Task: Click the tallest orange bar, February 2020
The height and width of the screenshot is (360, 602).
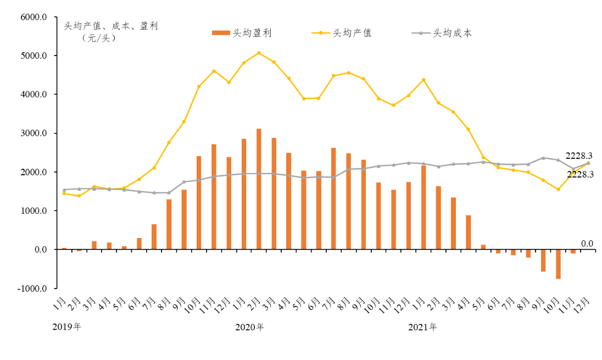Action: coord(259,189)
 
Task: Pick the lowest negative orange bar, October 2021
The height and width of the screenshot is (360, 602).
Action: coord(558,264)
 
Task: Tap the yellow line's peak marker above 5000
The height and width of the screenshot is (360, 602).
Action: coord(259,53)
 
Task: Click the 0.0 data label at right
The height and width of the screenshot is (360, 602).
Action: coord(587,243)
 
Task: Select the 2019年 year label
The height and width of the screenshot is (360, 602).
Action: coord(66,326)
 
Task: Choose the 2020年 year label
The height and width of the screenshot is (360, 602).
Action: coord(249,326)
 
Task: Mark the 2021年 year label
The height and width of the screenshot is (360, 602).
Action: coord(423,326)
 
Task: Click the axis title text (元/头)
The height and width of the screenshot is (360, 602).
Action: coord(99,38)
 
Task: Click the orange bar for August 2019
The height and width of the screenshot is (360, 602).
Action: coord(169,224)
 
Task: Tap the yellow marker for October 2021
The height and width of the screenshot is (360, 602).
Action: coord(558,190)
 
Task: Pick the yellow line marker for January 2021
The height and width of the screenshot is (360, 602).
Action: coord(423,80)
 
